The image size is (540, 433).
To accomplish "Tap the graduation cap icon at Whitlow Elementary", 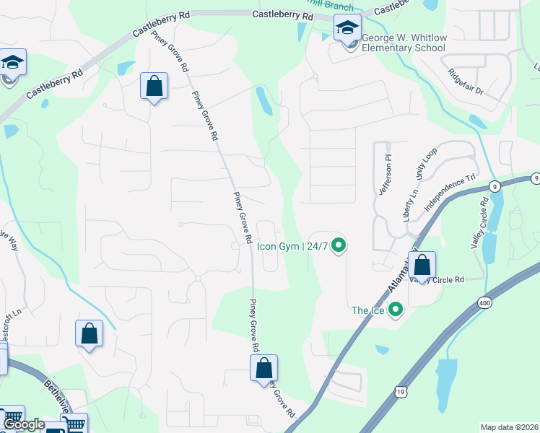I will point(347,28).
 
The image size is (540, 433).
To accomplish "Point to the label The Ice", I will point(368,310).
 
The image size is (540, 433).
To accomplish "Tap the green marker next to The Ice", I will point(395,310).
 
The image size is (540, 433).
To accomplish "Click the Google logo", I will point(24,424).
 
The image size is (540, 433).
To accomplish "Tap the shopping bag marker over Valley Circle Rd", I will point(423,266).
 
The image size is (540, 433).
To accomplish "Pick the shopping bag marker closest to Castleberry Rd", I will point(154,87).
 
